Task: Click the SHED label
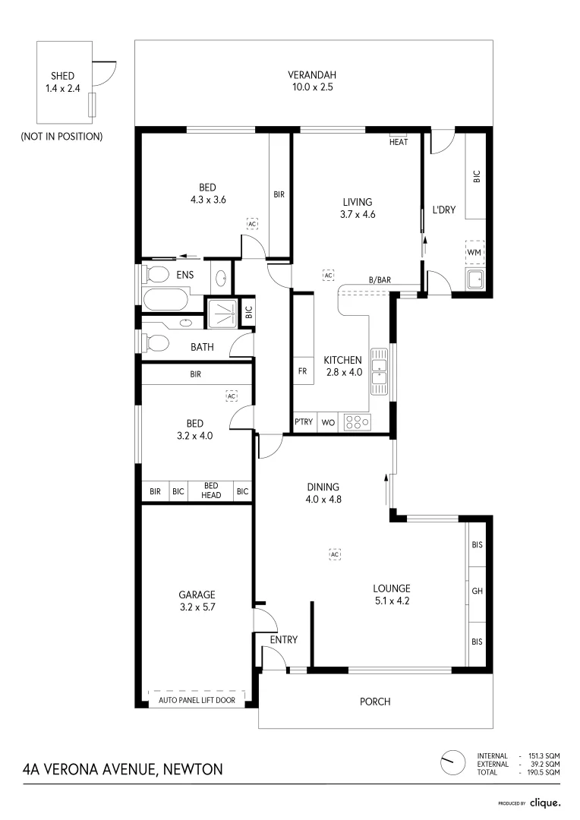click(x=62, y=76)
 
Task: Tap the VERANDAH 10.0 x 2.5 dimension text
click(x=312, y=87)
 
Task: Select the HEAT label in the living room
click(x=399, y=142)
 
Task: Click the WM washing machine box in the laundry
click(x=474, y=252)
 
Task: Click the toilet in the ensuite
click(x=156, y=273)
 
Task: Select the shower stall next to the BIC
click(x=222, y=313)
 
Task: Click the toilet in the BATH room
click(x=156, y=344)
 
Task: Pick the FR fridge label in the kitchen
click(x=302, y=371)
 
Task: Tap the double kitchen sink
click(x=379, y=371)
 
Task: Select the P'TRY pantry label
click(x=304, y=421)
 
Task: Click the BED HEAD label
click(x=211, y=490)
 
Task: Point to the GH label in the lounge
click(x=477, y=591)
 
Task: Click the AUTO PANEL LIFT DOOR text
click(x=197, y=700)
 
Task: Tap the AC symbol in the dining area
click(x=335, y=554)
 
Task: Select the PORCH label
click(x=375, y=702)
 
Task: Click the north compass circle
click(x=452, y=762)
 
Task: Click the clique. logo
click(x=545, y=803)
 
